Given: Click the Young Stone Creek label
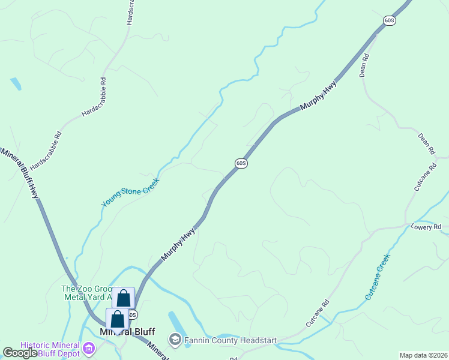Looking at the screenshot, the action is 131,192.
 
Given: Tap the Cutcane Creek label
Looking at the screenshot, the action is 378,277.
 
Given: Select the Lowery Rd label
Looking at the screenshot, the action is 426,227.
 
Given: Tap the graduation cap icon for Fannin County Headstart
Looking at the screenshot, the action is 175,340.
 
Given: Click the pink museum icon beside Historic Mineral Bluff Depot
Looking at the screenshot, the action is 89,348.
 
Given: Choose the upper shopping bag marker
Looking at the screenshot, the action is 123,298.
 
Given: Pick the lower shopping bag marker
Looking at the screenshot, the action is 117,319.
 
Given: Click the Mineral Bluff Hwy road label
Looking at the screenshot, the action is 22,174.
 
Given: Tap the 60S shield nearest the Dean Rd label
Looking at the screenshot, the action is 389,20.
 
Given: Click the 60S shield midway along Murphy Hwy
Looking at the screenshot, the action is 241,163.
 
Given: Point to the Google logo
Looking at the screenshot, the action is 19,353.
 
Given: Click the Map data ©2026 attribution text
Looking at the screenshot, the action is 423,355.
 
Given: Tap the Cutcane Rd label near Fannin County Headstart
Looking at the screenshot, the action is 318,313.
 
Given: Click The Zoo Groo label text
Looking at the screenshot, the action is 86,289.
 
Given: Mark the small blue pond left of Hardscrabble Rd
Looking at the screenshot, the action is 16,83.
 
